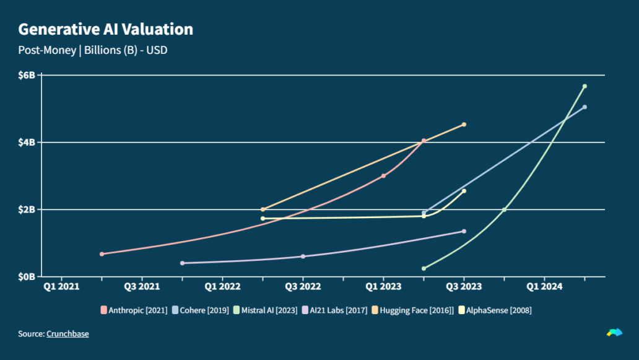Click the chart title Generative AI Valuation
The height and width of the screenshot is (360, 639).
(x=105, y=29)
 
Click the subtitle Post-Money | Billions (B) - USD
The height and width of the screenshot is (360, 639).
(x=93, y=50)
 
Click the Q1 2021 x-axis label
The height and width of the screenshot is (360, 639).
(x=61, y=287)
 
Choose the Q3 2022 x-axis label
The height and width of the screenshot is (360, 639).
(x=303, y=287)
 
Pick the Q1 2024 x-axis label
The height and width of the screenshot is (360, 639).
(x=544, y=287)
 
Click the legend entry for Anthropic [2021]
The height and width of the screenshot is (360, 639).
(x=134, y=310)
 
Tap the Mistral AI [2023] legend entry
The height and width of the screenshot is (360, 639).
(x=265, y=310)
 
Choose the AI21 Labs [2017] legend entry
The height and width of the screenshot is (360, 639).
(x=335, y=310)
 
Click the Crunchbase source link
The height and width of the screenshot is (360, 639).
(x=67, y=334)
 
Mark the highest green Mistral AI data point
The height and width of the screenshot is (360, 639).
(x=585, y=86)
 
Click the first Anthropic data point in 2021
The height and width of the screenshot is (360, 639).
(x=102, y=254)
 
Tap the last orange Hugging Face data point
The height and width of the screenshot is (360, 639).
(x=464, y=125)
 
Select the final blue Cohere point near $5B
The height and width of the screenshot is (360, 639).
(x=585, y=107)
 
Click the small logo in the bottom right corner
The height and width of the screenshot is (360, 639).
(x=614, y=333)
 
